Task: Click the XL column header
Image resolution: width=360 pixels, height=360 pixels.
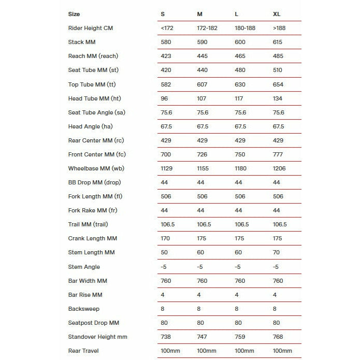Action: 277,14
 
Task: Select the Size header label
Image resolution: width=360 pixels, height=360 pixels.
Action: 74,14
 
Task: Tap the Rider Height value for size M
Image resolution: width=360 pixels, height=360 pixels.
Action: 208,28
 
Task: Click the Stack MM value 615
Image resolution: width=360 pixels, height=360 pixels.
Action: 278,42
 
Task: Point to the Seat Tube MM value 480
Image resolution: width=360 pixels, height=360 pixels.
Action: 240,70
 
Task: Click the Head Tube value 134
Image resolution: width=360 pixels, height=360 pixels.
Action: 277,98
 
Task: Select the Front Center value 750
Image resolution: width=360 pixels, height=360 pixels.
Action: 240,154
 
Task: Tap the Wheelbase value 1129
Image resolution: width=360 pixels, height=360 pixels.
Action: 168,168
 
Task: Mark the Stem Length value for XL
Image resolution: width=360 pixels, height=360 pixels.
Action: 276,252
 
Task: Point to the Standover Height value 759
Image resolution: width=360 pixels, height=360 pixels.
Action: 240,337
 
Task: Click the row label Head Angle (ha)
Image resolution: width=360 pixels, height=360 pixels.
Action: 90,126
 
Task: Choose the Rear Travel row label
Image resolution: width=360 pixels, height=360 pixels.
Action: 83,351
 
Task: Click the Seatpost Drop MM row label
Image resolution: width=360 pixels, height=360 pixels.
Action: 93,323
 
